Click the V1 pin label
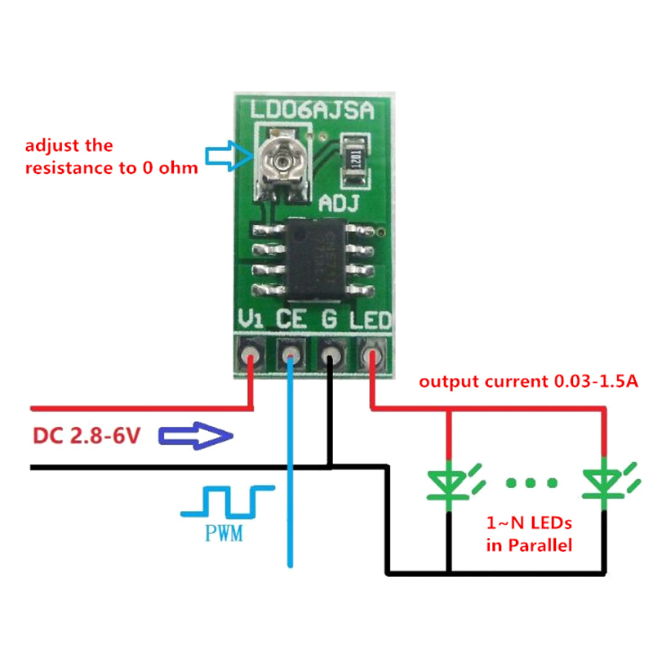coord(250,322)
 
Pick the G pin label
coord(330,322)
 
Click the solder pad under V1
coord(250,356)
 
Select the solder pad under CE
coord(290,356)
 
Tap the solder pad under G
coord(331,356)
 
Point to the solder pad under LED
coord(372,356)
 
